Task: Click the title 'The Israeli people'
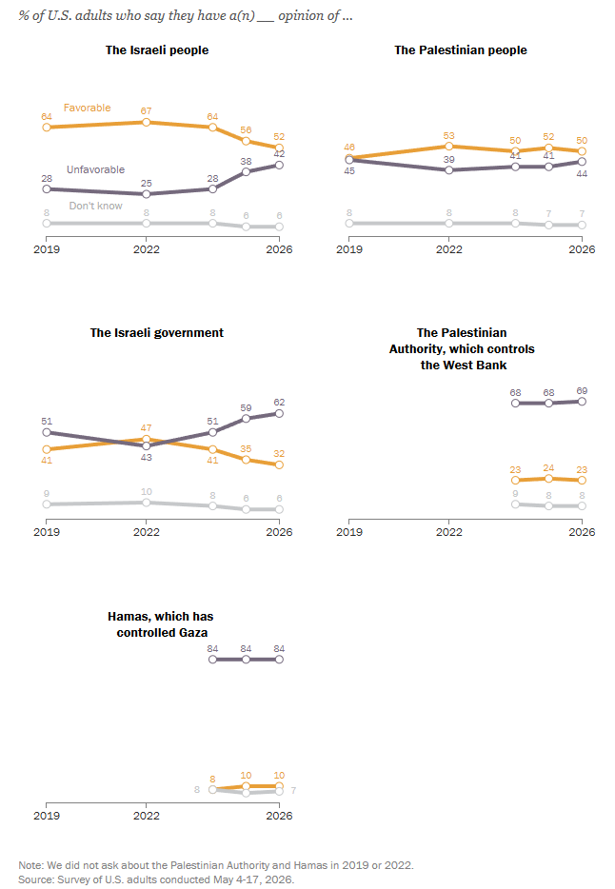(157, 49)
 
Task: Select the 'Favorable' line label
(88, 108)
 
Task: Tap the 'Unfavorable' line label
(95, 169)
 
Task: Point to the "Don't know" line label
(96, 206)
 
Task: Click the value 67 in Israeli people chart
(147, 111)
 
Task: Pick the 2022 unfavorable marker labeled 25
(147, 194)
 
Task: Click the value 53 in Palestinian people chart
(449, 136)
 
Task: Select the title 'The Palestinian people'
(461, 49)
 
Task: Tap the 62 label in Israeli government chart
(279, 403)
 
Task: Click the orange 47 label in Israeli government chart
(147, 428)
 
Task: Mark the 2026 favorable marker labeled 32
(279, 464)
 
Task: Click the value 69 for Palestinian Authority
(582, 391)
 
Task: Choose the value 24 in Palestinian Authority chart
(548, 468)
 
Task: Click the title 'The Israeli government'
(157, 333)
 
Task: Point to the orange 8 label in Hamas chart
(212, 780)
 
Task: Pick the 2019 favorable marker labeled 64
(47, 128)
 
